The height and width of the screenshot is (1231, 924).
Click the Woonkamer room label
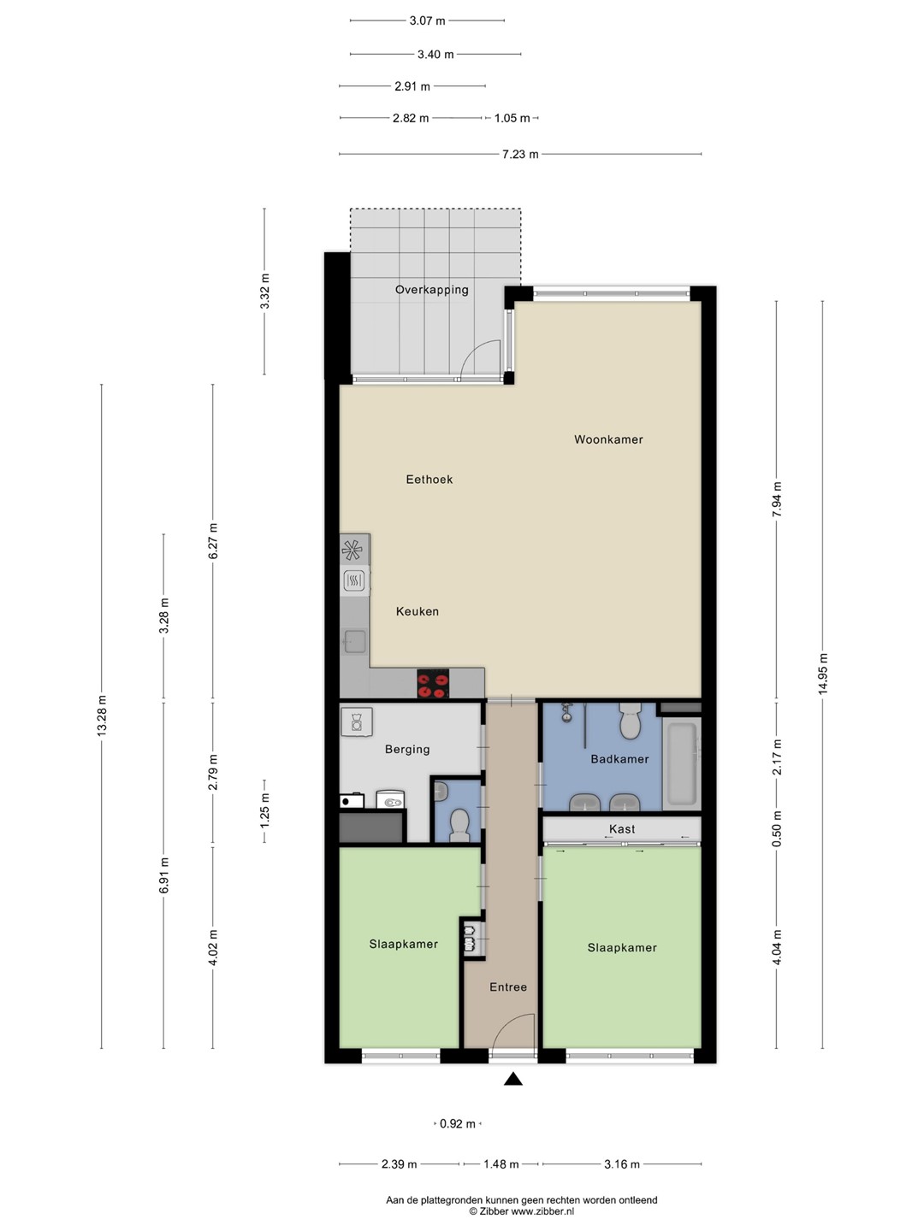pos(608,439)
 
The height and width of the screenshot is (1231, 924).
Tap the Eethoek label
pos(429,480)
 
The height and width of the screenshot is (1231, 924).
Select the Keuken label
pos(418,611)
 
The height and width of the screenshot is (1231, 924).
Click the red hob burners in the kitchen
pos(433,684)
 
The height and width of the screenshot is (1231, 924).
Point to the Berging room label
pos(407,749)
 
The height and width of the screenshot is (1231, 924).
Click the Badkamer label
pos(619,759)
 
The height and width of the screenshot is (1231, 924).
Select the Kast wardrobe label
pos(622,829)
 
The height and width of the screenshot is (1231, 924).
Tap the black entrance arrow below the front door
pos(512,1079)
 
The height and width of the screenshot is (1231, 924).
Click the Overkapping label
pos(432,290)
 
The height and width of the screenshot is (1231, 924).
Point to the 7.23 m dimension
pos(520,154)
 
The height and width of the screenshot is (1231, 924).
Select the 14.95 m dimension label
pos(823,674)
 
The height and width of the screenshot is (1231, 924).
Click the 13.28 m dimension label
pos(102,715)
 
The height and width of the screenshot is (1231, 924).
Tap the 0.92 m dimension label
pos(457,1124)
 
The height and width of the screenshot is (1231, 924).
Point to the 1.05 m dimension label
pos(512,118)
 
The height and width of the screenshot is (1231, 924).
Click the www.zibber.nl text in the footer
pos(542,1211)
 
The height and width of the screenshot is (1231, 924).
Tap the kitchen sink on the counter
pos(355,642)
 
